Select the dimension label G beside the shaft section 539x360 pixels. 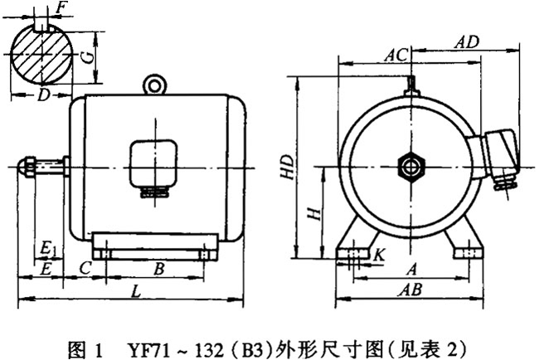[x=86, y=57]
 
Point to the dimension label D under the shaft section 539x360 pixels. [x=42, y=96]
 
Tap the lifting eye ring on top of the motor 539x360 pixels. [x=153, y=83]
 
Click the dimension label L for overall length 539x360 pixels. [x=134, y=292]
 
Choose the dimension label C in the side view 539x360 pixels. [x=84, y=267]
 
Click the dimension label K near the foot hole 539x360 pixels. [x=378, y=255]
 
